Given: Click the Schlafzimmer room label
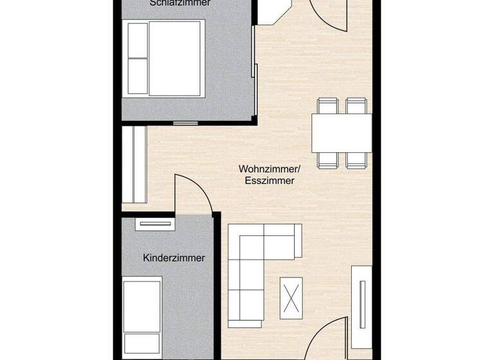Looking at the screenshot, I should [179, 3].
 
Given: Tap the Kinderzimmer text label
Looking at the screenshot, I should [174, 258].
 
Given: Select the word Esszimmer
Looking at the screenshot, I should [270, 181].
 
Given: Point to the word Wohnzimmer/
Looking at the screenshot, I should [270, 169].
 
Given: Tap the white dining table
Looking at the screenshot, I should [342, 132].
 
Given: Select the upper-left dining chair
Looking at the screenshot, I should [327, 105].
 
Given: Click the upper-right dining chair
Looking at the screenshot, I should [356, 105].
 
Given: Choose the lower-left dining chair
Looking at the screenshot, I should [327, 160].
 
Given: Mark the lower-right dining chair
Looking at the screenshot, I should [356, 160].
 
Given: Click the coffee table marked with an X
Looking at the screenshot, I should [291, 296].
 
